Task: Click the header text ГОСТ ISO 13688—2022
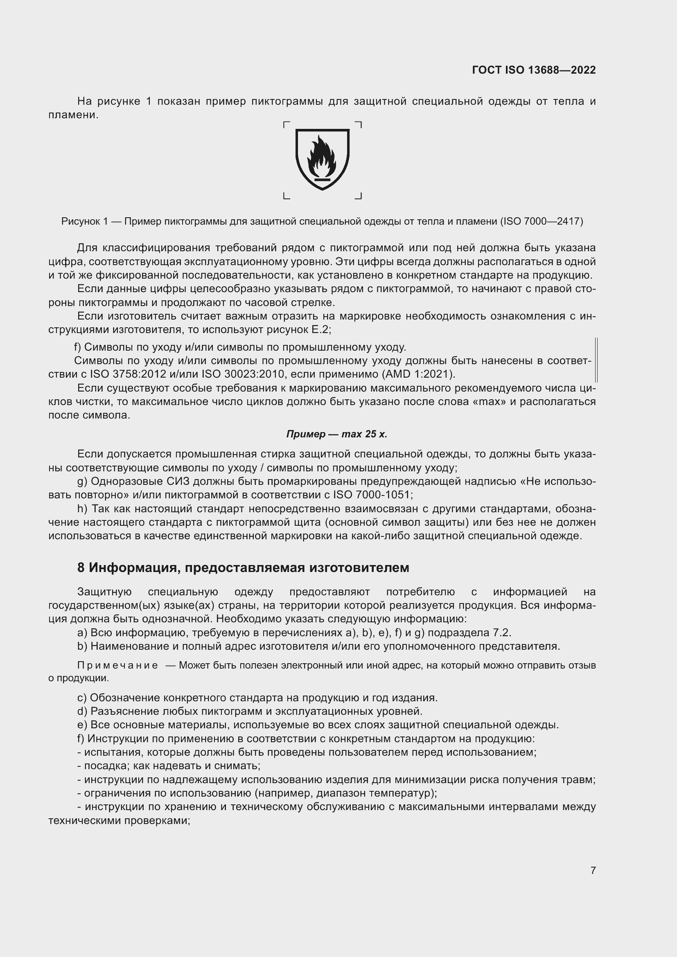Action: pyautogui.click(x=534, y=70)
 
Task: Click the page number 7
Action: pyautogui.click(x=593, y=870)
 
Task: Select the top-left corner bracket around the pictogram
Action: pyautogui.click(x=287, y=124)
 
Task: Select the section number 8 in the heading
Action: pyautogui.click(x=81, y=568)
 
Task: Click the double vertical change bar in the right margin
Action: pyautogui.click(x=596, y=360)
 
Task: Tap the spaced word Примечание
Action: pyautogui.click(x=117, y=665)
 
